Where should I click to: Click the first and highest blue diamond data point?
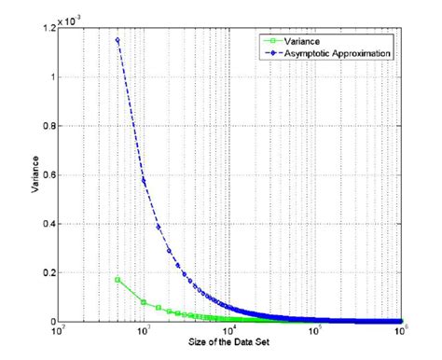[x=117, y=40]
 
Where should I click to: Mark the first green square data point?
[x=117, y=280]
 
